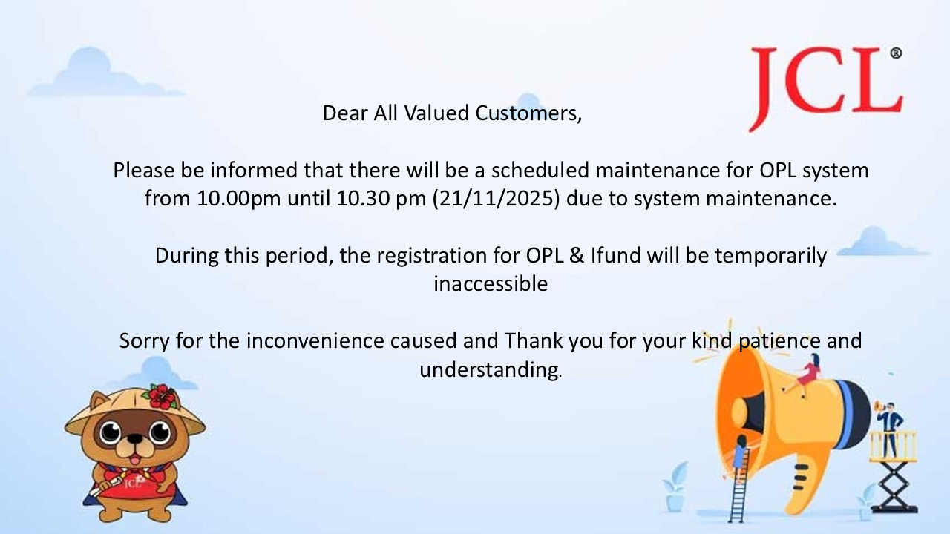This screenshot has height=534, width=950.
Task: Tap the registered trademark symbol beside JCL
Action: tap(896, 53)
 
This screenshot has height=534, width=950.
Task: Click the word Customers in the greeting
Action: tap(528, 113)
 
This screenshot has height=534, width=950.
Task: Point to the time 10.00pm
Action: tap(239, 199)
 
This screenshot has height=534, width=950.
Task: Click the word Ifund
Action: tap(615, 256)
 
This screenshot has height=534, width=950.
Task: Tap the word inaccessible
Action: tap(491, 284)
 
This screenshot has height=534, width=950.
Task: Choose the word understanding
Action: tap(491, 370)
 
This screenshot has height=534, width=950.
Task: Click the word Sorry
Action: tap(144, 341)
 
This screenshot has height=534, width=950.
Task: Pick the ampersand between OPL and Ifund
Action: tap(577, 256)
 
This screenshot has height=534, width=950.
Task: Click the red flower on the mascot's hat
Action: tap(162, 397)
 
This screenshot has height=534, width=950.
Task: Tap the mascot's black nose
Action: tap(135, 438)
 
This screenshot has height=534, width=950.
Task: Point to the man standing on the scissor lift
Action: tap(889, 429)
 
